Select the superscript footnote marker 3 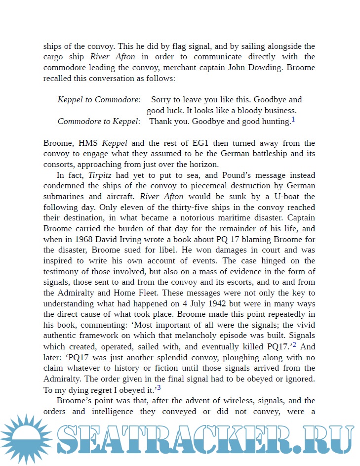click(x=159, y=387)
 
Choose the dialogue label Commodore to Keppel click(x=99, y=122)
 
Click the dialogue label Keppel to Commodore click(x=99, y=100)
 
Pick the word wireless click(x=237, y=401)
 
